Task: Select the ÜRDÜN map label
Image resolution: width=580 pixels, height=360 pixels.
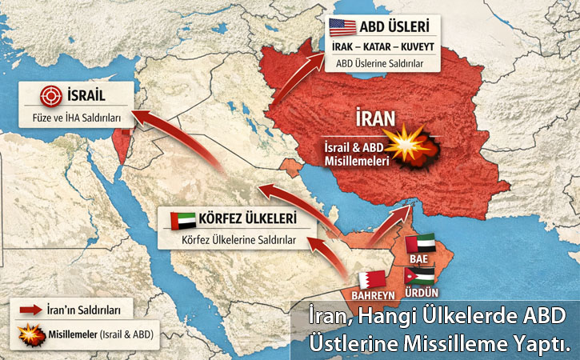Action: [x=420, y=294]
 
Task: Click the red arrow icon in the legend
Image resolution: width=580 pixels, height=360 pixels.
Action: [x=30, y=310]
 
